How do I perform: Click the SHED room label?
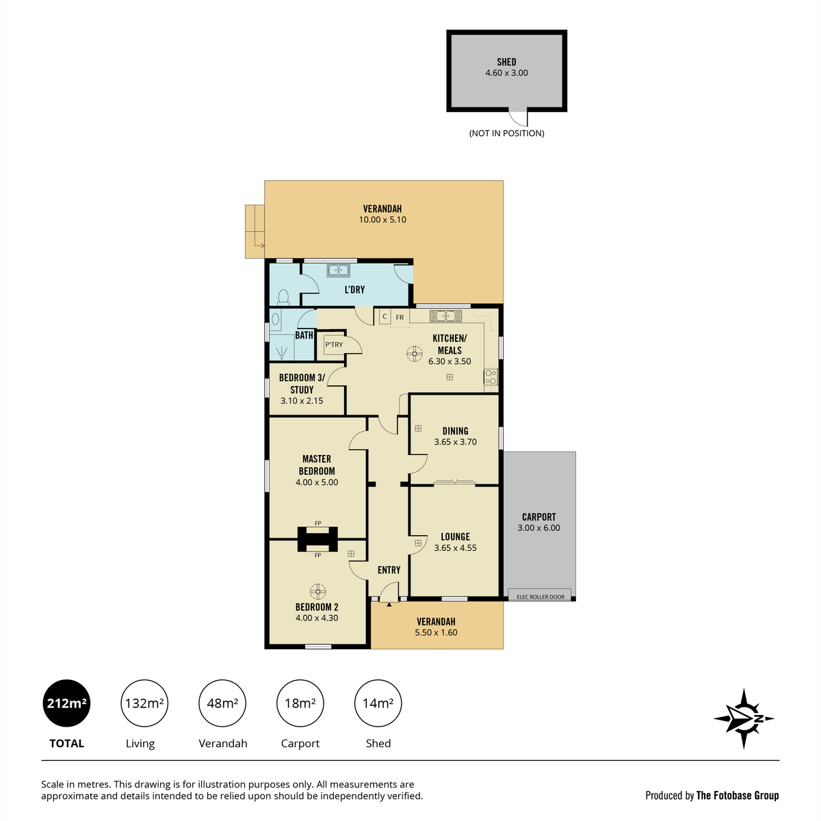tap(506, 62)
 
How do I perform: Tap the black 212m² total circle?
tap(66, 703)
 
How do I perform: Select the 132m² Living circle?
tap(144, 703)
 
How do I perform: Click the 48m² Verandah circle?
tap(222, 703)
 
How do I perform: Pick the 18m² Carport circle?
tap(300, 703)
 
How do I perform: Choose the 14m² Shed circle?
tap(378, 703)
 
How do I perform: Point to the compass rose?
tap(744, 718)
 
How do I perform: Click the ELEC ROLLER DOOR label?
tap(540, 597)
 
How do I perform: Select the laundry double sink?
tap(339, 270)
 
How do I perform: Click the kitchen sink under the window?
tap(446, 316)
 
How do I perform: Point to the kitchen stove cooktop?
tap(491, 376)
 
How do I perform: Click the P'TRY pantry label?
tap(334, 345)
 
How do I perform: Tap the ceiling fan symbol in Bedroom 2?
tap(317, 591)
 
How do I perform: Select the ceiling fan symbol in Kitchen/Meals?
tap(414, 353)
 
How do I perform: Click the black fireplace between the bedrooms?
tap(317, 538)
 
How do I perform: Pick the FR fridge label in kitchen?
tap(400, 317)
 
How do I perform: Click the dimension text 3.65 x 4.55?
tap(455, 548)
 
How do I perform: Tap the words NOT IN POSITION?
tap(506, 133)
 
